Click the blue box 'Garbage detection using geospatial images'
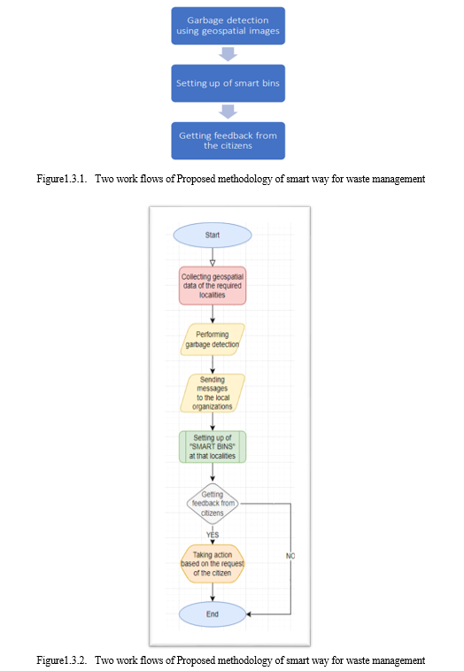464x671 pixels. pyautogui.click(x=228, y=26)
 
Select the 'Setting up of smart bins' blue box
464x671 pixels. pyautogui.click(x=228, y=83)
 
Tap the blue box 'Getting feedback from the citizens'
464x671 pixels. pyautogui.click(x=228, y=141)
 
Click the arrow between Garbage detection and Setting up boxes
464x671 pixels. pyautogui.click(x=228, y=54)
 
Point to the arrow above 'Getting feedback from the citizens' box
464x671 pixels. pyautogui.click(x=228, y=112)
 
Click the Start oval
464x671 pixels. pyautogui.click(x=213, y=235)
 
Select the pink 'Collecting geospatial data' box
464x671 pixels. pyautogui.click(x=213, y=286)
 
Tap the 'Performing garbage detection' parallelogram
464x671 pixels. pyautogui.click(x=213, y=339)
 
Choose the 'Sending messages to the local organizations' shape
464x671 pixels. pyautogui.click(x=213, y=393)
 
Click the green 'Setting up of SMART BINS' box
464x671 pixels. pyautogui.click(x=213, y=447)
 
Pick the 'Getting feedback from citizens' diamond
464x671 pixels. pyautogui.click(x=213, y=504)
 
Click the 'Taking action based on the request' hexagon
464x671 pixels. pyautogui.click(x=213, y=564)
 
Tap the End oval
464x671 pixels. pyautogui.click(x=213, y=614)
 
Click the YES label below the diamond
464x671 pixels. pyautogui.click(x=213, y=535)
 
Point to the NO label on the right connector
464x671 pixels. pyautogui.click(x=290, y=556)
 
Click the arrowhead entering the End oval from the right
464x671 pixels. pyautogui.click(x=249, y=614)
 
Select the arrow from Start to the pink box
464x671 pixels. pyautogui.click(x=213, y=258)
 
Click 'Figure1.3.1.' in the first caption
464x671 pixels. pyautogui.click(x=62, y=179)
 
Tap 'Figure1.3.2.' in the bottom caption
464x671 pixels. pyautogui.click(x=62, y=660)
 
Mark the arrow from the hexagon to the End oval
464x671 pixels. pyautogui.click(x=213, y=592)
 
